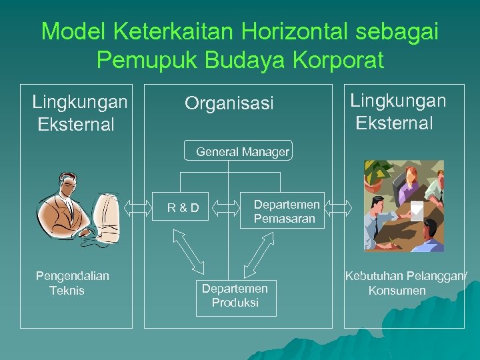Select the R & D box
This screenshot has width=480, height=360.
pyautogui.click(x=183, y=207)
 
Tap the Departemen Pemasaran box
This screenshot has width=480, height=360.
pyautogui.click(x=287, y=211)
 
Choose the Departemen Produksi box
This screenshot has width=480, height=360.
pyautogui.click(x=235, y=295)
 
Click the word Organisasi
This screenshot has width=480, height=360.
pyautogui.click(x=229, y=103)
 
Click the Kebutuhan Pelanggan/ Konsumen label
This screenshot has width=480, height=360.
pyautogui.click(x=405, y=283)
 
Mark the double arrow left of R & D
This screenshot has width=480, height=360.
pyautogui.click(x=138, y=207)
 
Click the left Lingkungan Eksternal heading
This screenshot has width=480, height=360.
pyautogui.click(x=79, y=113)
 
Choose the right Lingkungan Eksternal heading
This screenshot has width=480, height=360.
pyautogui.click(x=398, y=111)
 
